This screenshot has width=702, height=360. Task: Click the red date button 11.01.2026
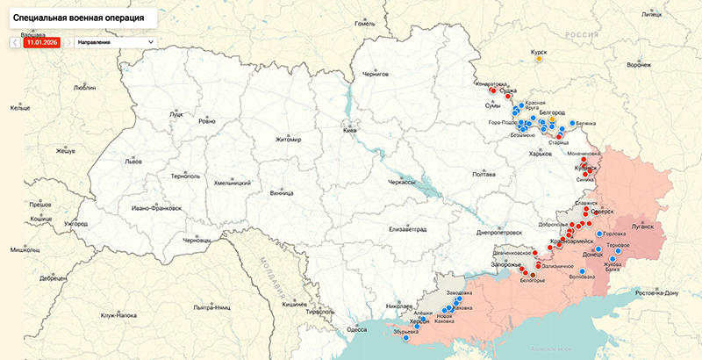click(42, 41)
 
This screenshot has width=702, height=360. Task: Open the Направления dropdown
click(115, 41)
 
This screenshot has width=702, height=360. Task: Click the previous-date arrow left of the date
click(15, 41)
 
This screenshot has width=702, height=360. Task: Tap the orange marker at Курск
click(539, 60)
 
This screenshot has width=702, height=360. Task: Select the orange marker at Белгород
click(552, 120)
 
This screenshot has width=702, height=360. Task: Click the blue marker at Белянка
click(573, 123)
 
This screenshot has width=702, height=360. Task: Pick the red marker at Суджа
click(505, 90)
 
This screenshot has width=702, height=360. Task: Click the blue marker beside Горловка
click(599, 234)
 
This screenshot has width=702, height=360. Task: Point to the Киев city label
click(350, 129)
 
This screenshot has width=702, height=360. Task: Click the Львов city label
click(109, 162)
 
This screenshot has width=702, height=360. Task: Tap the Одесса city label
click(356, 329)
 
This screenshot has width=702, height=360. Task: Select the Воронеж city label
click(640, 65)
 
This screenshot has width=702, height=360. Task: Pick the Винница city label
click(282, 192)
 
